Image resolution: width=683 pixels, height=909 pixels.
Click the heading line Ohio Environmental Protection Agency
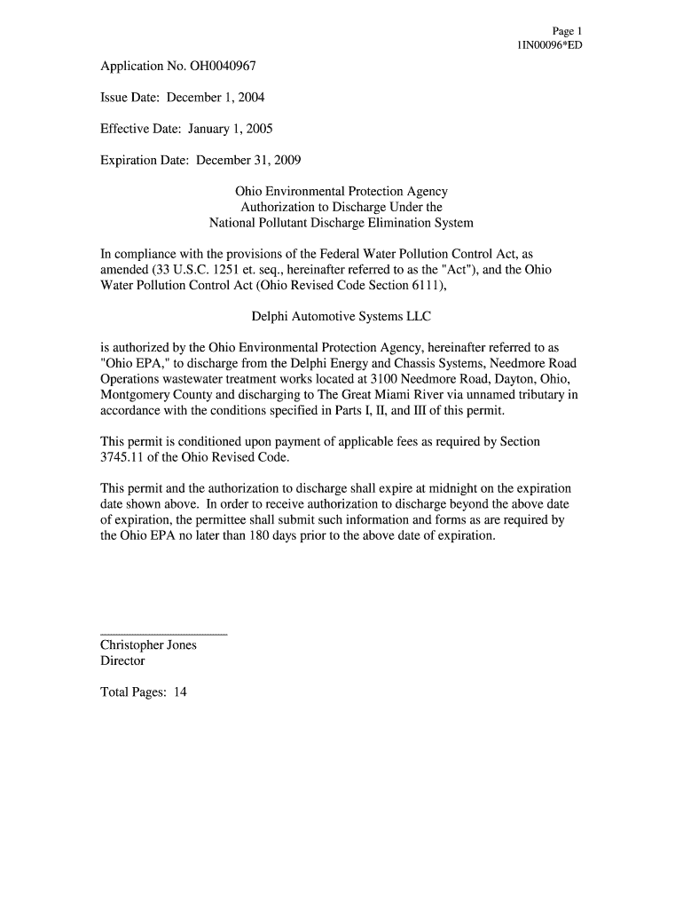click(341, 192)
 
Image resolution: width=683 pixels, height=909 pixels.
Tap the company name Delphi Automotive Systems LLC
click(341, 316)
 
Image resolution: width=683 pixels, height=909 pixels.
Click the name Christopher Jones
click(148, 645)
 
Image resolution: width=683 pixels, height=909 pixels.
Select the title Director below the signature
click(122, 661)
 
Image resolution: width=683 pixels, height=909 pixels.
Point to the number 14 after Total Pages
click(180, 692)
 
